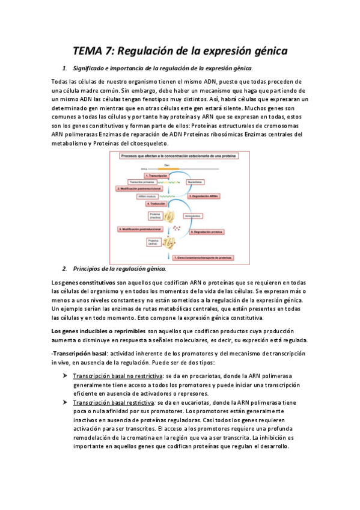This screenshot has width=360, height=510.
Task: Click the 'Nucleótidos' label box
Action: [196, 181]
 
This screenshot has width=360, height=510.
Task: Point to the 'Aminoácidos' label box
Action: [197, 215]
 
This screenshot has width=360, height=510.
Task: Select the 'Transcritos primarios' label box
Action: [142, 181]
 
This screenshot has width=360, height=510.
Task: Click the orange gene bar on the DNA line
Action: [168, 168]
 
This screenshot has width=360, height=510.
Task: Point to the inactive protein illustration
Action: [169, 216]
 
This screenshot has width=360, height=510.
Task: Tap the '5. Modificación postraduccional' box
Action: [142, 229]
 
